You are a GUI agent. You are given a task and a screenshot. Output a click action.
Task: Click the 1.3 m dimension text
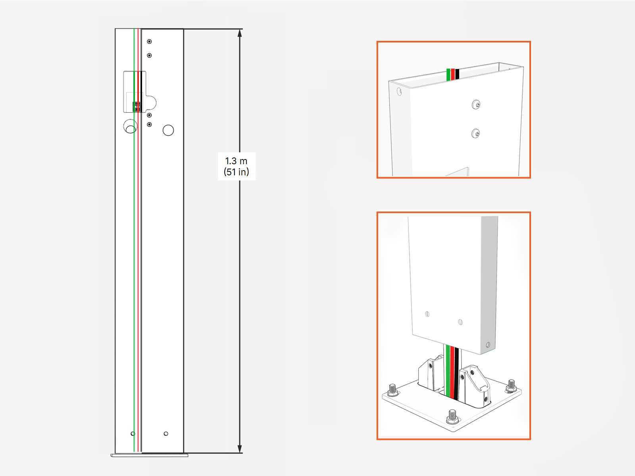point(236,161)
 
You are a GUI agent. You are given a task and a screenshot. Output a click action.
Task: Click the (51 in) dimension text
point(236,172)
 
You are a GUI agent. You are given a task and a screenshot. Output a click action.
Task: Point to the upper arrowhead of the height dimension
point(240,33)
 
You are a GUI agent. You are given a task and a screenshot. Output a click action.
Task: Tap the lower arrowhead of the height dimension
point(240,449)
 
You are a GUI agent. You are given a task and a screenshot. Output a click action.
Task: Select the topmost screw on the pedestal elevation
point(149,42)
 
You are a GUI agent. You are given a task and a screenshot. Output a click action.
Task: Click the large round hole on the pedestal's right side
point(168,130)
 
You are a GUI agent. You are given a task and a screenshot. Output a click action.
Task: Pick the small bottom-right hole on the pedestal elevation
point(166,434)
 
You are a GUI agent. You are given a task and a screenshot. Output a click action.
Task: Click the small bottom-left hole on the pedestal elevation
point(133,434)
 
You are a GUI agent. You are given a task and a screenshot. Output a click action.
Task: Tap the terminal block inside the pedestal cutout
point(137,106)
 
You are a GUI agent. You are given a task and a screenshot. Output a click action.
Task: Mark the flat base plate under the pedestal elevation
point(149,455)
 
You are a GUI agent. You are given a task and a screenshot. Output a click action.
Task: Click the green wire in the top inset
point(448,75)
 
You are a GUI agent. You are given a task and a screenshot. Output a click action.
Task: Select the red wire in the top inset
point(453,74)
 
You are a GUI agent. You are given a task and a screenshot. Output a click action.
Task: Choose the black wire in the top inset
point(457,74)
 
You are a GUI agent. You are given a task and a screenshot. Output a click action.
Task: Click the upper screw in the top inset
point(476,105)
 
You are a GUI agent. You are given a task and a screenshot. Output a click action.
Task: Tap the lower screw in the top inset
point(475,133)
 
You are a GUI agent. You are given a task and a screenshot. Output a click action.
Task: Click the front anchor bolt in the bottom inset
point(452,416)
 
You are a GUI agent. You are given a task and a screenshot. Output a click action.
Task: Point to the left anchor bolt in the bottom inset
point(393,389)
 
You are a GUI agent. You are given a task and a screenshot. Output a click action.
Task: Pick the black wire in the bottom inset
point(456,373)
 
